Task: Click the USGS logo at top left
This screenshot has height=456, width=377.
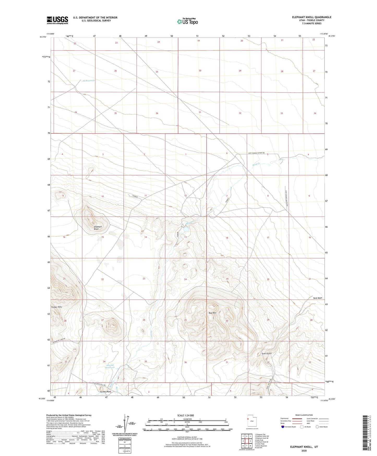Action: click(x=57, y=20)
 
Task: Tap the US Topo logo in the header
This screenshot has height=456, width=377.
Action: click(x=187, y=21)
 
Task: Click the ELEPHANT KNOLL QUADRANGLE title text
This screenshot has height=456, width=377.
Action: click(x=312, y=17)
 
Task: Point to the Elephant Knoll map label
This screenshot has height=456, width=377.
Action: click(x=98, y=228)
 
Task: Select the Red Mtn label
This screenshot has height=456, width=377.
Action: click(x=212, y=313)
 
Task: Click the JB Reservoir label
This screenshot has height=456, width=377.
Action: click(x=88, y=81)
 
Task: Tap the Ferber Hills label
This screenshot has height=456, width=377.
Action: click(x=57, y=307)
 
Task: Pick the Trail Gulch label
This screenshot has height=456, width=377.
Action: click(x=267, y=354)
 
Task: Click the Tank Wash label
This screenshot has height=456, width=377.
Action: click(x=318, y=298)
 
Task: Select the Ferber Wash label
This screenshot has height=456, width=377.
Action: click(x=105, y=391)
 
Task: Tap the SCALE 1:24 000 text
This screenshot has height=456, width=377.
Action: click(x=187, y=415)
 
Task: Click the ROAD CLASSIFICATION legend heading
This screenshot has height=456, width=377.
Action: click(x=304, y=415)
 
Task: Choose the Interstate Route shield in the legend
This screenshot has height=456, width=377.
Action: click(x=283, y=427)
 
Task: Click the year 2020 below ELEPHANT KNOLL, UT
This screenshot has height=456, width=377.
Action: click(x=304, y=451)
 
